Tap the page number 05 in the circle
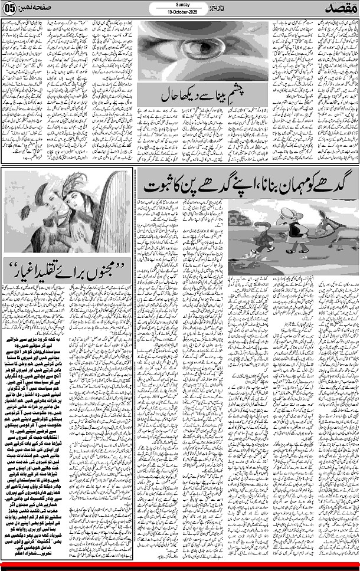pos(9,8)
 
